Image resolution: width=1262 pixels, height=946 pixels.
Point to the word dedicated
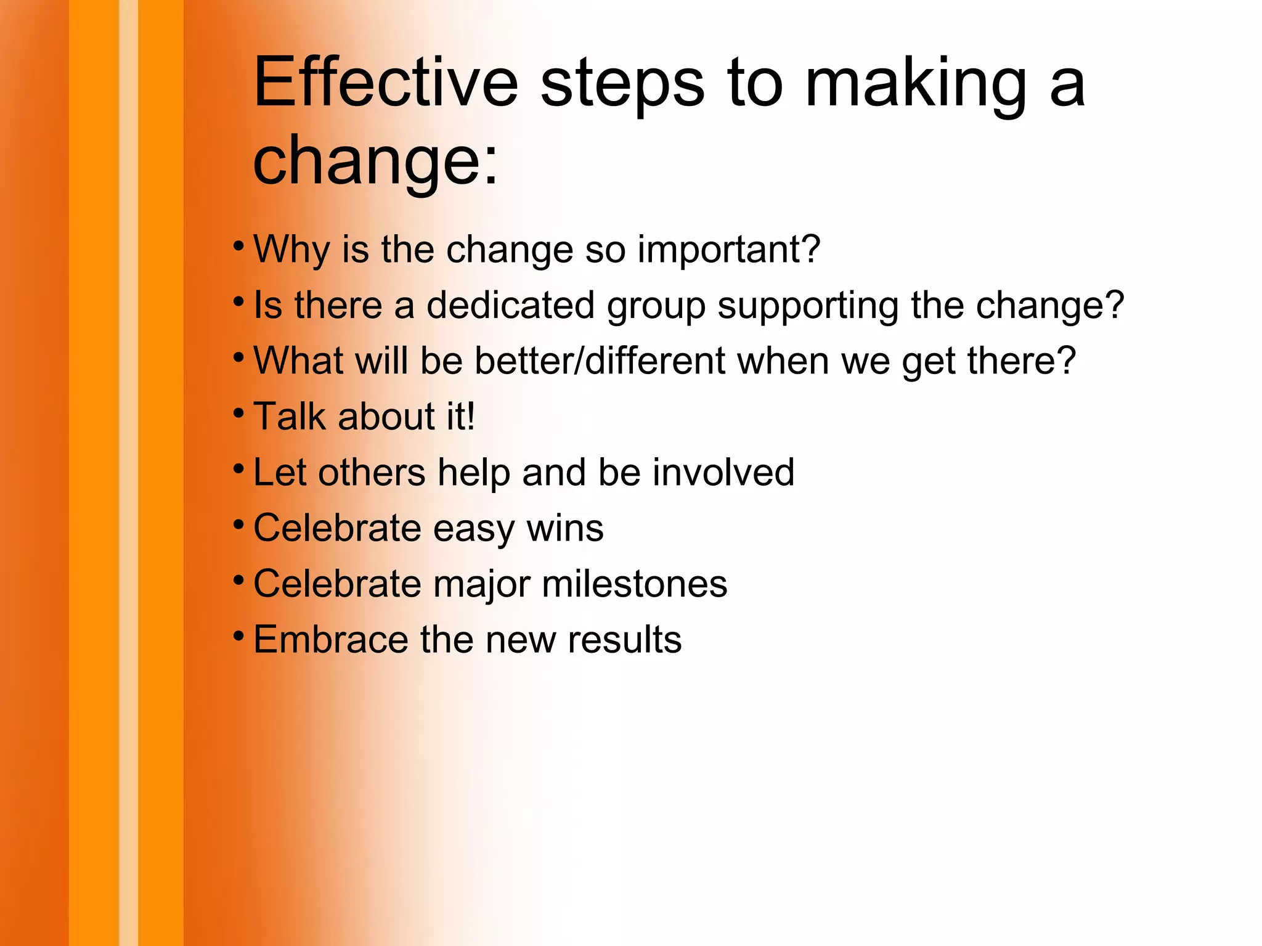[511, 305]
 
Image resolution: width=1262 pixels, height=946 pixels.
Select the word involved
[723, 472]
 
